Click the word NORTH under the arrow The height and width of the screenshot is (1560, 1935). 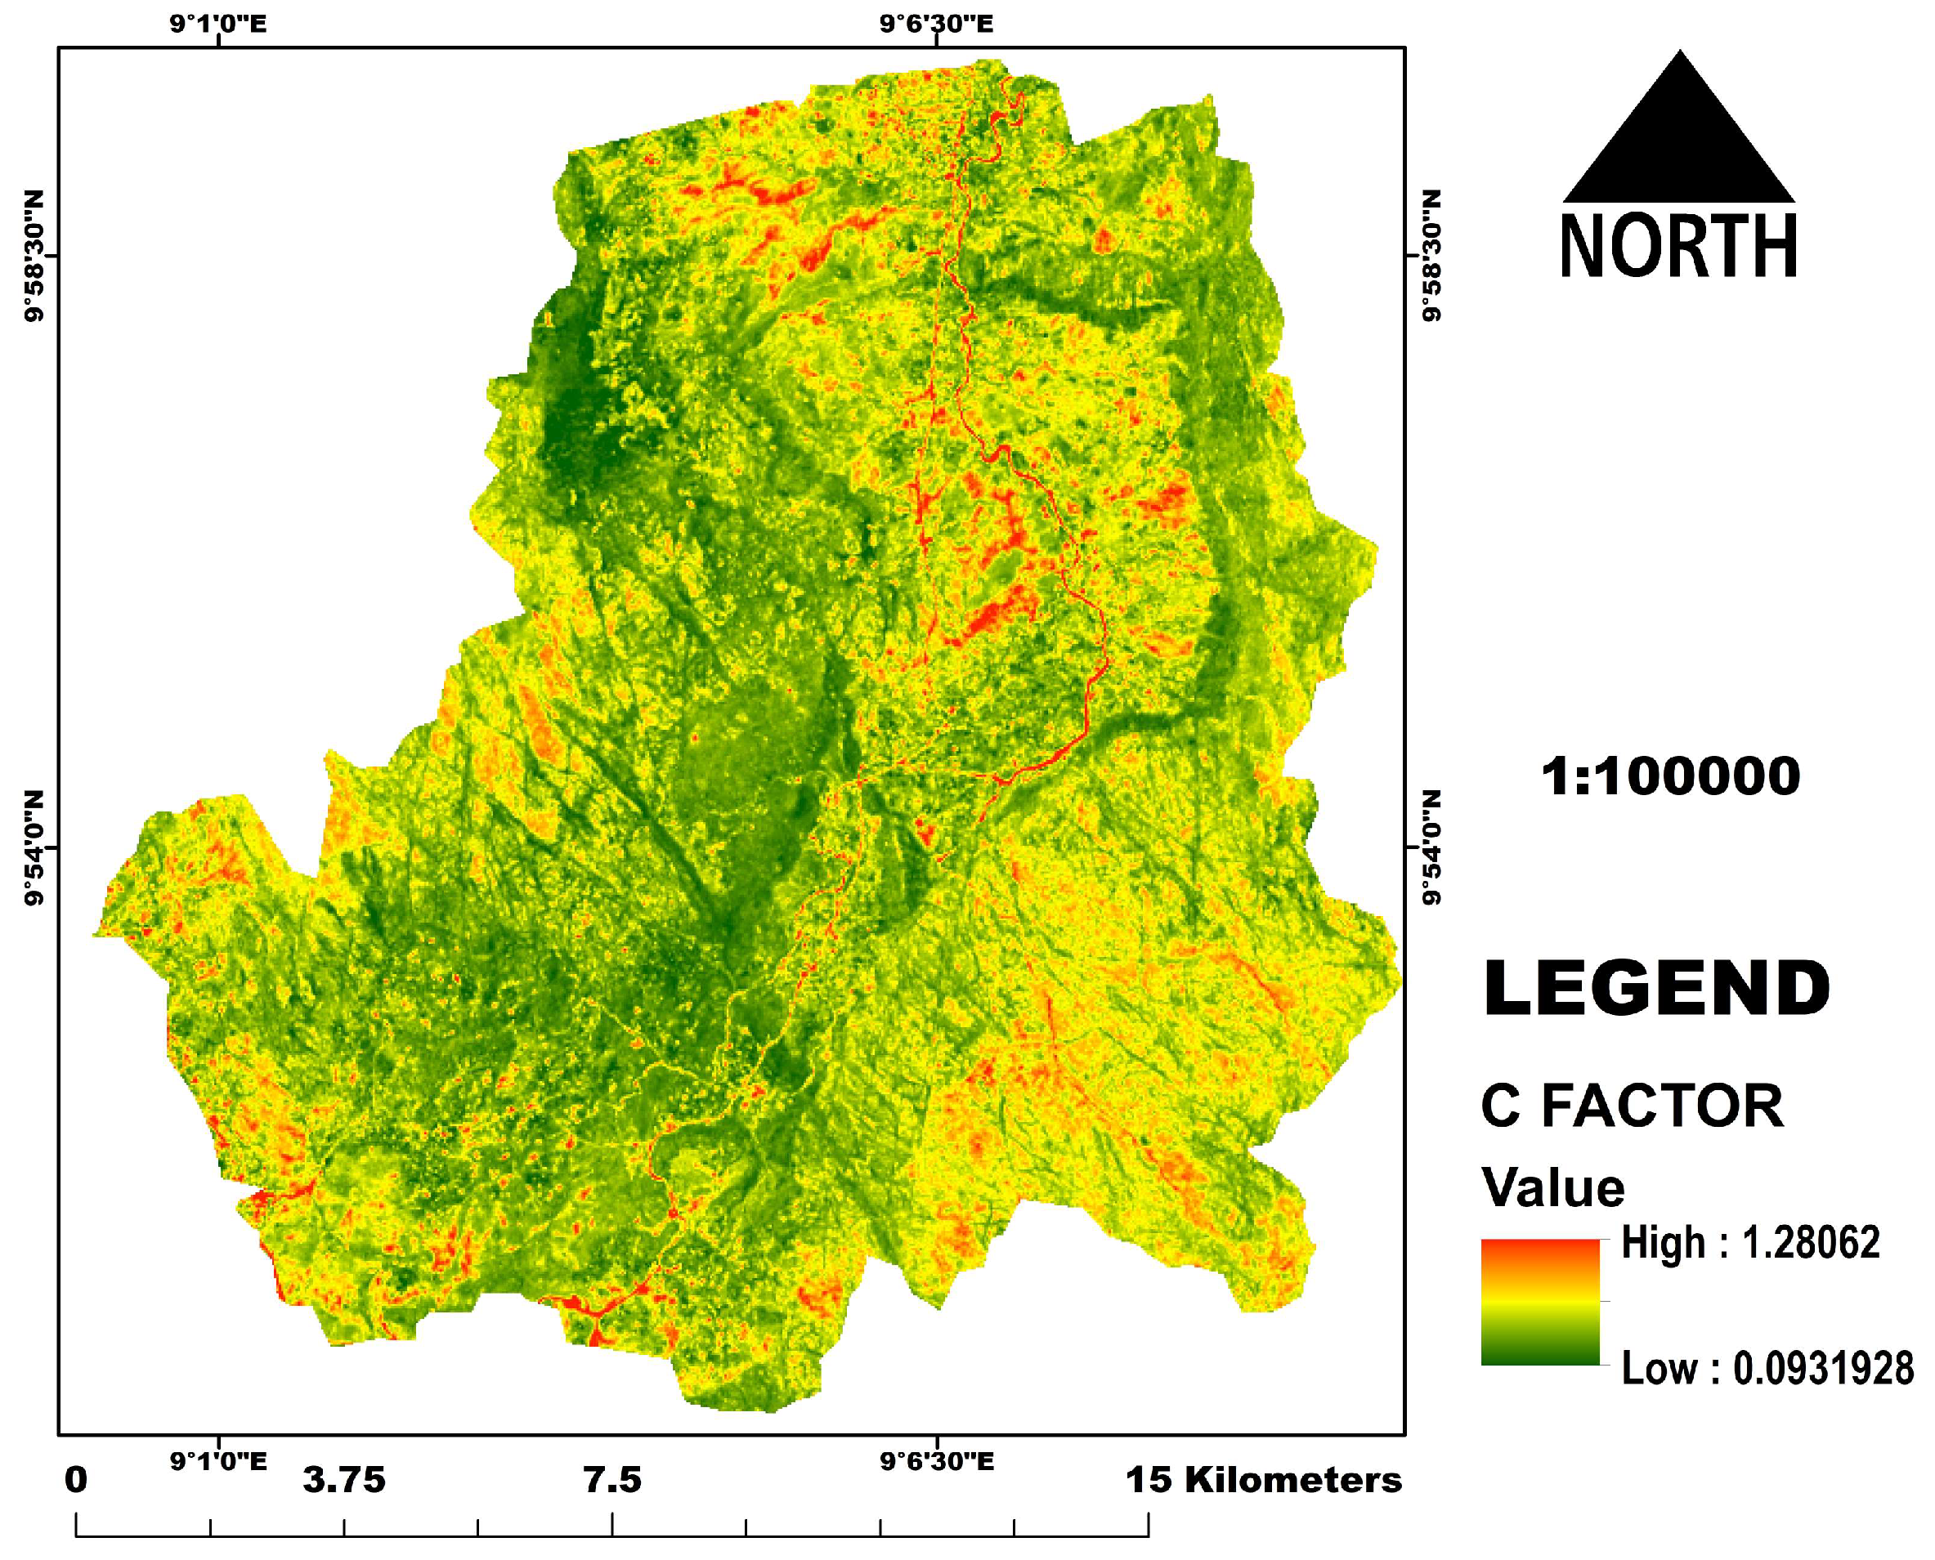pos(1679,246)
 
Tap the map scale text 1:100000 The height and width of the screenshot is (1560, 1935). pos(1670,776)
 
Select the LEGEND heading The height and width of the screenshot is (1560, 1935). pos(1655,990)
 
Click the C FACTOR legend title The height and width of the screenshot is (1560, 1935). pos(1631,1106)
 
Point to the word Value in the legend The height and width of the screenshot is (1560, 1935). pos(1553,1188)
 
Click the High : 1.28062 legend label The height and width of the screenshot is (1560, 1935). pos(1749,1244)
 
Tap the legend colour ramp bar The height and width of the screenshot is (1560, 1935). pos(1539,1302)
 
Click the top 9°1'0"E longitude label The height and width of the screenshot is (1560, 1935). pos(218,24)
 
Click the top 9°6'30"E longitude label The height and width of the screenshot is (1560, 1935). pos(937,24)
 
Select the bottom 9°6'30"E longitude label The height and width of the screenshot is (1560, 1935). pos(937,1462)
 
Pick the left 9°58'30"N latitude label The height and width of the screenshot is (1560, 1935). pos(34,255)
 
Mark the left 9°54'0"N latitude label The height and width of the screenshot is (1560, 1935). pos(34,847)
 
